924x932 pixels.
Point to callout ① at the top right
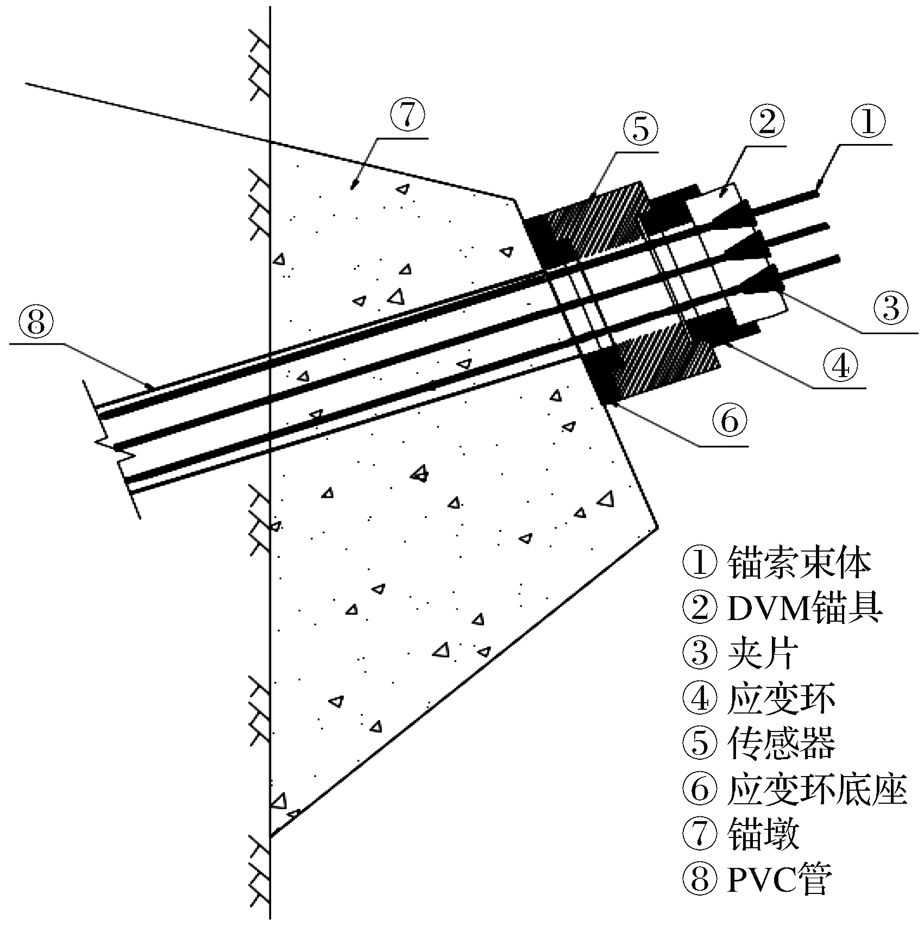coord(867,121)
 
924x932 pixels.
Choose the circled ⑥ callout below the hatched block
coord(729,421)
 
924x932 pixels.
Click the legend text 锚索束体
coord(799,563)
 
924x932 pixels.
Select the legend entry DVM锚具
coord(804,608)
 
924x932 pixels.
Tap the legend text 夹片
coord(763,653)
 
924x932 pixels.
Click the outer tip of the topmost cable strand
coord(816,193)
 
